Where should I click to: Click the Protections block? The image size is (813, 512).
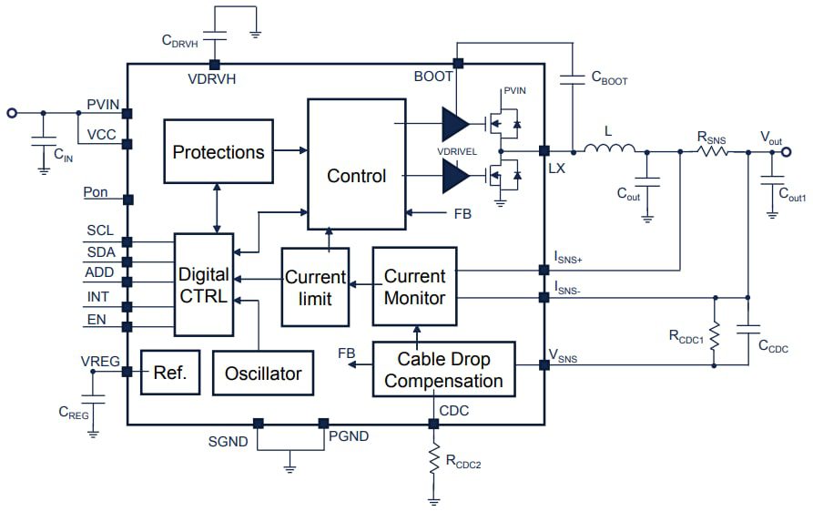[x=218, y=151]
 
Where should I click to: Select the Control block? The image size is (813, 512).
[x=356, y=176]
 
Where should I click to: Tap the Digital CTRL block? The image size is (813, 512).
[x=203, y=285]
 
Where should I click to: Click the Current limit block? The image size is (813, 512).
[x=315, y=287]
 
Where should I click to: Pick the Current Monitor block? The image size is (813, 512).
[x=414, y=286]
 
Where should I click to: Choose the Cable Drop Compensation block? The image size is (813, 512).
[x=443, y=369]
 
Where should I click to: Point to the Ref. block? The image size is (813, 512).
[x=169, y=372]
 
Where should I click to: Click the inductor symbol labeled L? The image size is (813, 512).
[x=608, y=151]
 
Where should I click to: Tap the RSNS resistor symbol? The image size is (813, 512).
[x=713, y=151]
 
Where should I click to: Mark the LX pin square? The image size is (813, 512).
[x=544, y=151]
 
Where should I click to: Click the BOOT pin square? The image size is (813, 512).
[x=458, y=63]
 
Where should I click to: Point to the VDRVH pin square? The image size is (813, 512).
[x=215, y=64]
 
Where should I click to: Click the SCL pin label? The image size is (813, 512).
[x=100, y=230]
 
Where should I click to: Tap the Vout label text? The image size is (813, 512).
[x=771, y=137]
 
